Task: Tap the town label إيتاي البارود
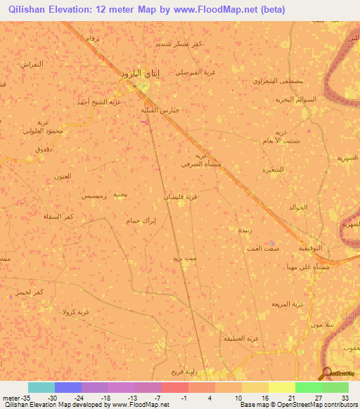click(x=134, y=73)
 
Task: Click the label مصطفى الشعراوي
click(x=278, y=81)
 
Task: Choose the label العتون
click(x=63, y=176)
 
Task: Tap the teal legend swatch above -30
click(x=41, y=387)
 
